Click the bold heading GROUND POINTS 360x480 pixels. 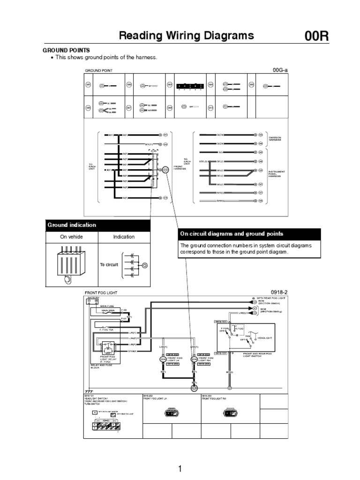pos(66,50)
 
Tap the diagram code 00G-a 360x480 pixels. pos(280,70)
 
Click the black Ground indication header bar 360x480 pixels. pos(98,225)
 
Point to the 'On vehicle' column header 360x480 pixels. pos(71,237)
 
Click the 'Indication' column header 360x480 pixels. pos(124,237)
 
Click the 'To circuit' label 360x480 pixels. pos(109,265)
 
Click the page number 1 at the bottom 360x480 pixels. pos(180,469)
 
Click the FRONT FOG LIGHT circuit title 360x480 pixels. pos(101,293)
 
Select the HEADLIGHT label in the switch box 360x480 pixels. pos(265,337)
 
